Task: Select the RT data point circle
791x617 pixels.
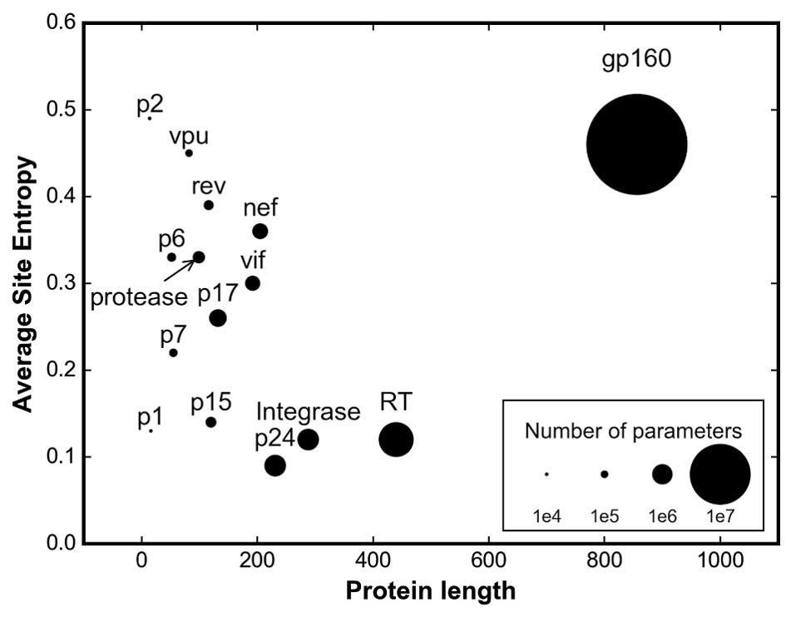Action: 396,440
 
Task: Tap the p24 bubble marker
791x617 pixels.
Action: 275,465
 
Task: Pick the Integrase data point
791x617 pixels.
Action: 308,439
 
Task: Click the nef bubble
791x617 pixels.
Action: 260,231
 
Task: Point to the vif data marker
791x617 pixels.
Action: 253,283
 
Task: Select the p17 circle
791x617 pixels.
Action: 218,317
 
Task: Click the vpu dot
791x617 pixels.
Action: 189,153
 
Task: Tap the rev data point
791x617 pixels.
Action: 209,205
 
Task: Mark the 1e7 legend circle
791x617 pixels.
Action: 720,474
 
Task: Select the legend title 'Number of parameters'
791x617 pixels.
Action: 633,431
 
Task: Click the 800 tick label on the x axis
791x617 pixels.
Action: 604,563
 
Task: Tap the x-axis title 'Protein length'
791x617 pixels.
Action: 430,592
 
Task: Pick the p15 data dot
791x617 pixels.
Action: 211,422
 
